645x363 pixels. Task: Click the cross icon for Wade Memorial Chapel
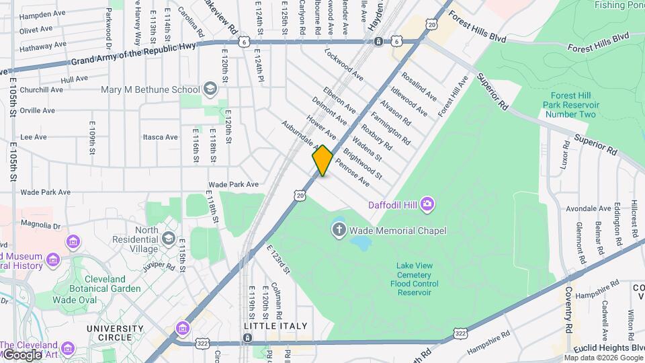coord(339,231)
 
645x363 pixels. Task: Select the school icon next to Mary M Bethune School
coord(210,89)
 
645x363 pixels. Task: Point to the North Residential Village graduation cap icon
coord(168,239)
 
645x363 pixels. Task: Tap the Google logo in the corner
coord(21,354)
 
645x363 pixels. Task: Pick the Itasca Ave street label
coord(160,137)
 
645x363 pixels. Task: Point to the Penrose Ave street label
coord(352,173)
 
